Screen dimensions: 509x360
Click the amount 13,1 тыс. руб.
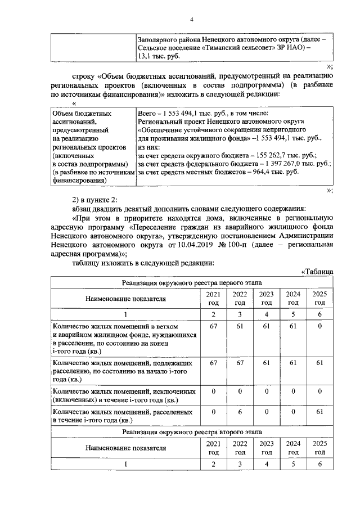point(160,57)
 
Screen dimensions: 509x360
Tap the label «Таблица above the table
point(317,272)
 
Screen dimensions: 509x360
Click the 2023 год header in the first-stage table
point(267,299)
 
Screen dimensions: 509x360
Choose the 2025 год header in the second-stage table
point(319,448)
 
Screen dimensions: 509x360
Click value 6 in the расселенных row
point(240,412)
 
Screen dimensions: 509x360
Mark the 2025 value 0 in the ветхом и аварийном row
point(319,326)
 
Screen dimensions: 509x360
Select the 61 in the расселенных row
point(319,412)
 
